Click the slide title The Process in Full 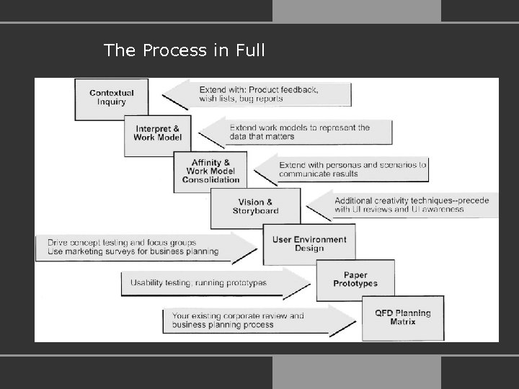point(184,50)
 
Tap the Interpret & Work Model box point(157,133)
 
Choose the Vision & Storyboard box point(255,207)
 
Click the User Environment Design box point(309,244)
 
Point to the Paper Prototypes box point(355,280)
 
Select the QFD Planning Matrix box point(402,318)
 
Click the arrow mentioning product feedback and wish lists point(259,94)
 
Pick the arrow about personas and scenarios point(346,169)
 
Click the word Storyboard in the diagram point(255,211)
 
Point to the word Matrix point(402,322)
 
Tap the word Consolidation point(210,179)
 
